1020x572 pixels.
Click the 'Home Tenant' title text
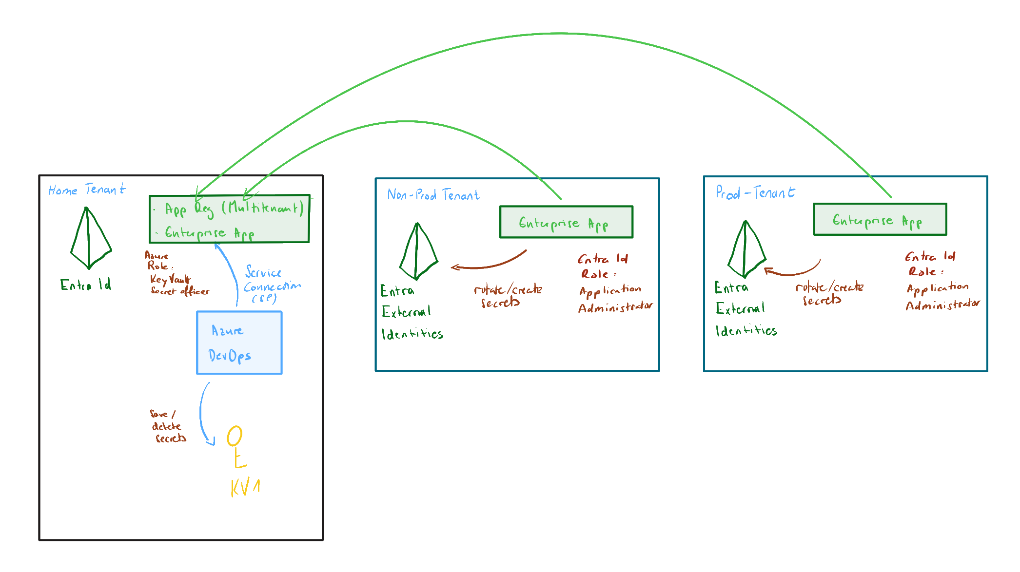(x=87, y=190)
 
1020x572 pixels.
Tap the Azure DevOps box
(x=239, y=343)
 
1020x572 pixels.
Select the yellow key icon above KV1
(x=235, y=446)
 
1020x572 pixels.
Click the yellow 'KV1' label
(x=245, y=487)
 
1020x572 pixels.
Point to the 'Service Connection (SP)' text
(x=271, y=285)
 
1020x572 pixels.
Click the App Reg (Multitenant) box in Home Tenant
(x=229, y=219)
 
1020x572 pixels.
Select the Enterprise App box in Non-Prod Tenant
(x=566, y=222)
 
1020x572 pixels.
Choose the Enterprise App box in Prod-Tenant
(x=880, y=220)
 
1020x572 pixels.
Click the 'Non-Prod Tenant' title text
(x=433, y=195)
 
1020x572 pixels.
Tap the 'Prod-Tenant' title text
(x=755, y=193)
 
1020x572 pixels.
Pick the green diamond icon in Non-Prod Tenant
(x=418, y=252)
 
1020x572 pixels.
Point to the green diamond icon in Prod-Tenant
(x=746, y=249)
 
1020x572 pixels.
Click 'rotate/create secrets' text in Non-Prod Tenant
(x=507, y=296)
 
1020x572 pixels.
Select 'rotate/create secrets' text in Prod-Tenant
(x=828, y=293)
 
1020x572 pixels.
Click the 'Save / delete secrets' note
(x=167, y=426)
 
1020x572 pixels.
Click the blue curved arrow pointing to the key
(x=202, y=414)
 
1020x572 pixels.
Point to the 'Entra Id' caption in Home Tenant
(x=85, y=285)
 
